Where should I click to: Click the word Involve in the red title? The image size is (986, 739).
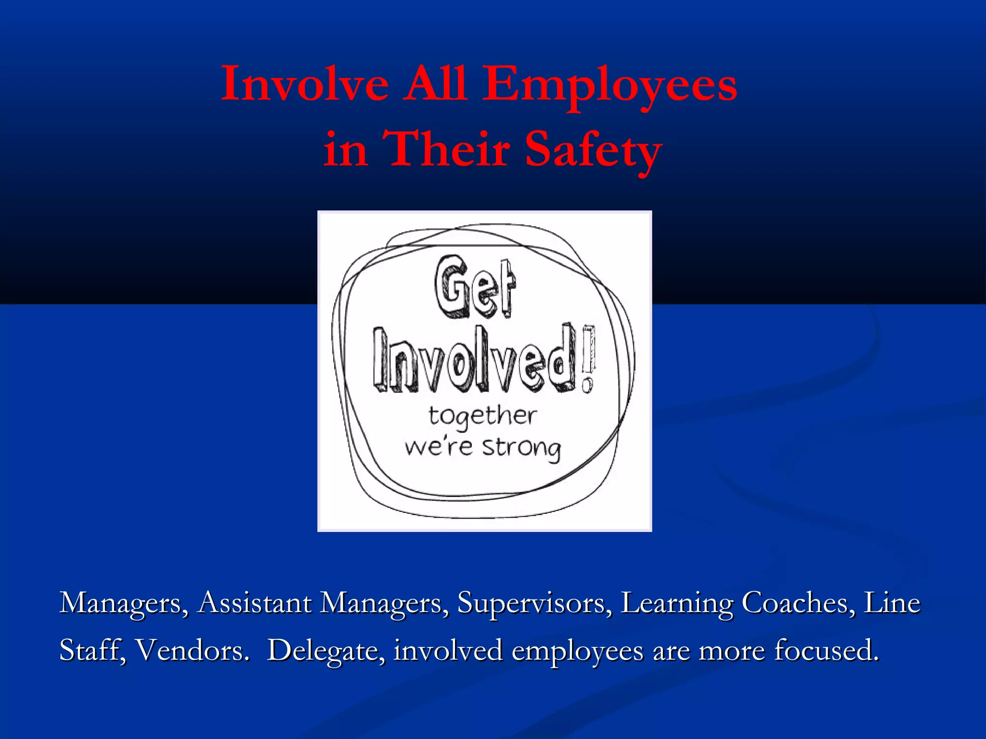point(304,84)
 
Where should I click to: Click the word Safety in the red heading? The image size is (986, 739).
point(593,150)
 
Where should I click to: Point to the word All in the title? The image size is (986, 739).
point(435,84)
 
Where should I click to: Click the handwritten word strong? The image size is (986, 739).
point(521,448)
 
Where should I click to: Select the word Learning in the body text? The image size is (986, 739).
point(676,603)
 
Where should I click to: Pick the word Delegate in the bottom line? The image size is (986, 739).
point(326,650)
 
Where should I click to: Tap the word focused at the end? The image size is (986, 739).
point(826,650)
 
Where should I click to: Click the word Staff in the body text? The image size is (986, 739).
point(92,650)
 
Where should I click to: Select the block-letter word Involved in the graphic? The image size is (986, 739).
point(474,360)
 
